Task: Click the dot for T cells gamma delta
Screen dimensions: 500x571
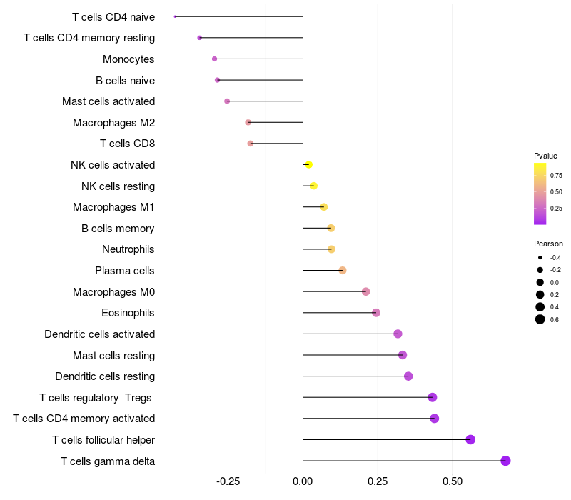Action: click(x=505, y=461)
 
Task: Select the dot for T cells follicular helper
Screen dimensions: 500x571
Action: click(x=470, y=439)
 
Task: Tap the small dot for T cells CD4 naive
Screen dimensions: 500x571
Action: click(x=175, y=16)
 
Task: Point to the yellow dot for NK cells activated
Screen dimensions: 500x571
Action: click(x=308, y=165)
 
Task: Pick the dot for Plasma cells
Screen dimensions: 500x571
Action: click(x=343, y=271)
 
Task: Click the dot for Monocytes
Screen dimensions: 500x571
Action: click(x=214, y=59)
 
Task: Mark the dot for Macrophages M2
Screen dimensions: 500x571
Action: click(x=248, y=122)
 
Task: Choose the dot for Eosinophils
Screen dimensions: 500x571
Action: click(x=376, y=313)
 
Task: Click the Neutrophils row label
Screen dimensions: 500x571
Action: click(x=128, y=249)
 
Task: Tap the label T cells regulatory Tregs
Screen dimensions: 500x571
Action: click(x=96, y=397)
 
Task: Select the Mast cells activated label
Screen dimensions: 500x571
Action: click(x=108, y=101)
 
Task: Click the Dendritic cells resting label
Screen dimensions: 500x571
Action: click(x=105, y=376)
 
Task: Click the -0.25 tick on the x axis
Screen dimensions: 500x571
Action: click(x=228, y=482)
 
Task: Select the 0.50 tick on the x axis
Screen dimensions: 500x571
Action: click(x=453, y=482)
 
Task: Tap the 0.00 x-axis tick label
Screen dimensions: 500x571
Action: click(x=303, y=482)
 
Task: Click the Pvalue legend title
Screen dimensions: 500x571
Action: click(x=545, y=156)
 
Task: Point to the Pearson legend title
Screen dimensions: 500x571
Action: click(x=548, y=244)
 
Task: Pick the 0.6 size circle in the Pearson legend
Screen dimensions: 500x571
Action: click(x=540, y=319)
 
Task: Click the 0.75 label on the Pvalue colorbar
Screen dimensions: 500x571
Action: click(x=556, y=175)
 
